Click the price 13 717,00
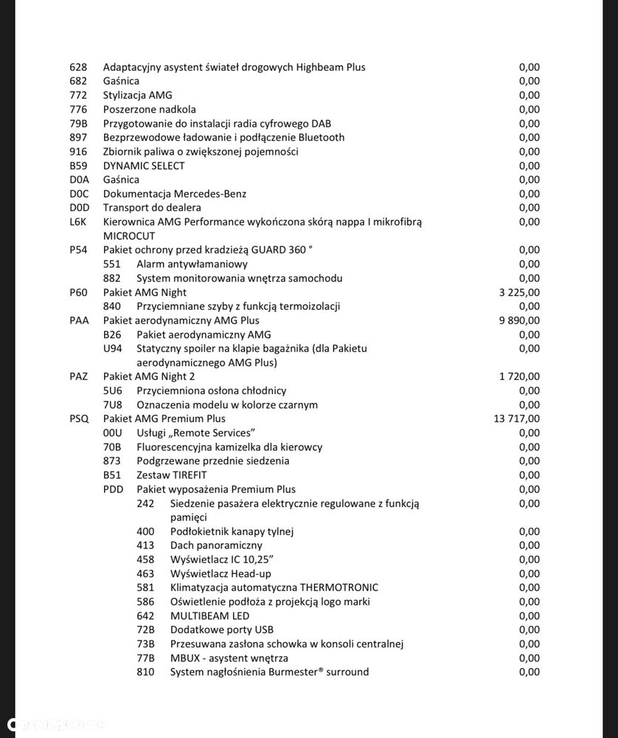[x=516, y=419]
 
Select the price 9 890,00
[x=519, y=320]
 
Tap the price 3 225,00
[x=519, y=292]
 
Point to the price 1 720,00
[x=519, y=377]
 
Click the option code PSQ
[x=79, y=419]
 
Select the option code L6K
[x=78, y=221]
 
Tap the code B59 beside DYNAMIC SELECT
[x=78, y=165]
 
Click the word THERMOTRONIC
[x=338, y=588]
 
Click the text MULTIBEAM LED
[x=209, y=616]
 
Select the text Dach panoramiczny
[x=216, y=545]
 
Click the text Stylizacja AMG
[x=136, y=95]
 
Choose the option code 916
[x=78, y=151]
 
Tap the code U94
[x=113, y=348]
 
